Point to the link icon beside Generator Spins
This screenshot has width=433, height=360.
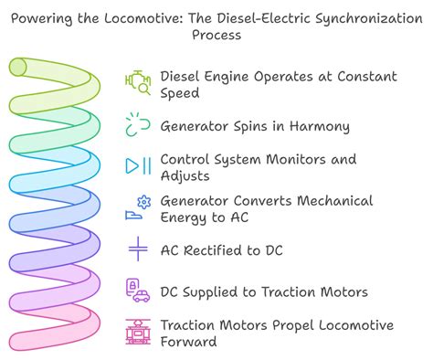click(x=138, y=124)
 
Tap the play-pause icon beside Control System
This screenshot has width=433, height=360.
click(x=138, y=165)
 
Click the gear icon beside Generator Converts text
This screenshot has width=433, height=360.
click(x=142, y=201)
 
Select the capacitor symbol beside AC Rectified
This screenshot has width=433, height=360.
click(x=138, y=249)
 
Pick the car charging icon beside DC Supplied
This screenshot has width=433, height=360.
click(x=138, y=291)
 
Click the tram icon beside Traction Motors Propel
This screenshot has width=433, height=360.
click(x=138, y=333)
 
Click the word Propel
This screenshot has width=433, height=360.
click(x=290, y=325)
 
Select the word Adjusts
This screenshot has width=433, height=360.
click(x=185, y=175)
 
